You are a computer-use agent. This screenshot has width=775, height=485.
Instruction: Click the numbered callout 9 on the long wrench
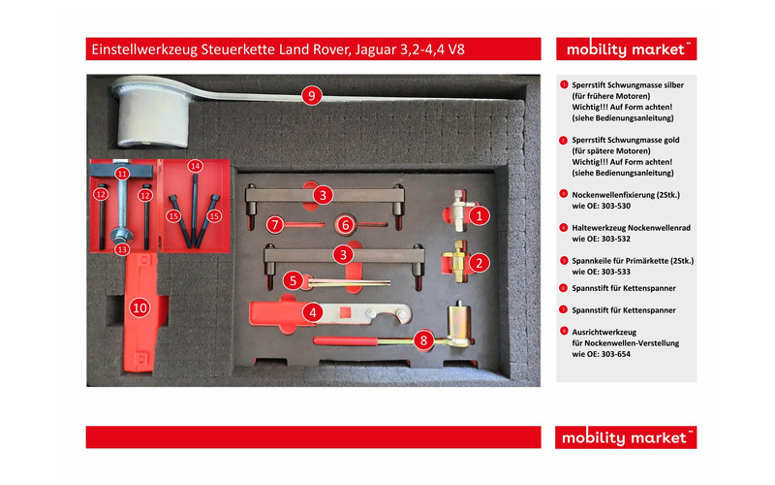pyautogui.click(x=311, y=95)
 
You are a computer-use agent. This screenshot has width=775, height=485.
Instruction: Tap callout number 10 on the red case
pyautogui.click(x=139, y=307)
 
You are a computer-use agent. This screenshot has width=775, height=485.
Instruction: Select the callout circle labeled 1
pyautogui.click(x=477, y=216)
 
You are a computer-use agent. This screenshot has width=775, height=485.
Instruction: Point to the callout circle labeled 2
pyautogui.click(x=477, y=262)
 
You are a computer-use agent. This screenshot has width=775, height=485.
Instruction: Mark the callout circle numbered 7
pyautogui.click(x=275, y=224)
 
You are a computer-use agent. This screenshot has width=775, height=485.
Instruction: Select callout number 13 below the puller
pyautogui.click(x=122, y=249)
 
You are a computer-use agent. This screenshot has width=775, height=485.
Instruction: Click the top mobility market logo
pyautogui.click(x=626, y=48)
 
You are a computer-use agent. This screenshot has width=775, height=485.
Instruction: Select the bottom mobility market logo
pyautogui.click(x=626, y=437)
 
